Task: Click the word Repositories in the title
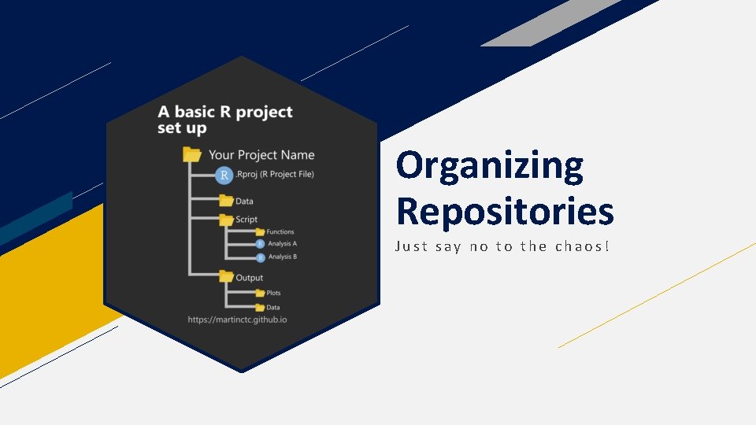[x=505, y=211]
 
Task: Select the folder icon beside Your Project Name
[x=192, y=155]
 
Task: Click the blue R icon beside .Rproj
[x=224, y=175]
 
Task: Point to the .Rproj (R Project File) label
[x=275, y=175]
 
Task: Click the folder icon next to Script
[x=226, y=220]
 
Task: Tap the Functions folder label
[x=280, y=232]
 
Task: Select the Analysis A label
[x=282, y=245]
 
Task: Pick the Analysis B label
[x=282, y=257]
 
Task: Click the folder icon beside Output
[x=226, y=277]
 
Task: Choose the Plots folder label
[x=273, y=294]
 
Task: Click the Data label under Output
[x=272, y=308]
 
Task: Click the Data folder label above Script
[x=244, y=201]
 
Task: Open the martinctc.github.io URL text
[x=238, y=320]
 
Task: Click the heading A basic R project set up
[x=224, y=120]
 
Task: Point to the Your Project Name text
[x=261, y=155]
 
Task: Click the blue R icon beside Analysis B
[x=260, y=257]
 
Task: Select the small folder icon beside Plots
[x=260, y=294]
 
